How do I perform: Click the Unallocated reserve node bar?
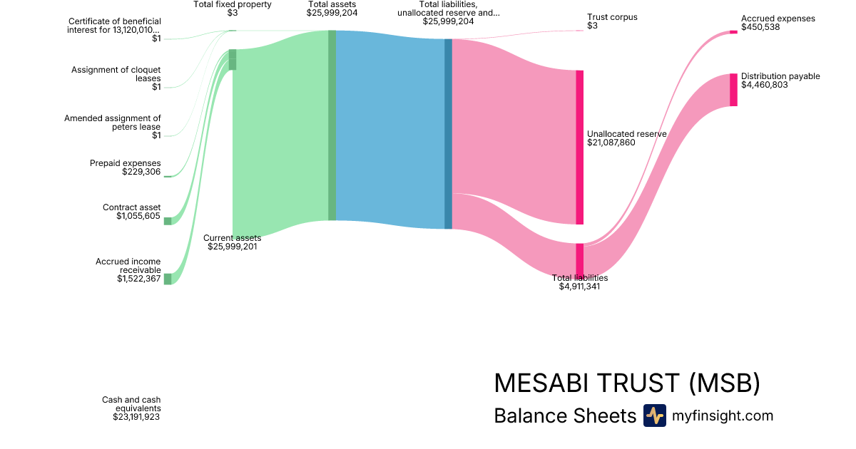[x=579, y=147]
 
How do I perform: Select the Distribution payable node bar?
[x=733, y=90]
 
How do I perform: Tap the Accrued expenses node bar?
[x=733, y=31]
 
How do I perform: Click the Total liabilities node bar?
[x=579, y=259]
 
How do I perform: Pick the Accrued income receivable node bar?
[x=168, y=279]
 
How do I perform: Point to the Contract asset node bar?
[x=168, y=221]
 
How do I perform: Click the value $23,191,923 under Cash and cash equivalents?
[x=136, y=417]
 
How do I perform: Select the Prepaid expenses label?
[x=126, y=163]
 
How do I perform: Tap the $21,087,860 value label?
[x=611, y=143]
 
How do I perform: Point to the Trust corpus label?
[x=612, y=17]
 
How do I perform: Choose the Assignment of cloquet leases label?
[x=116, y=74]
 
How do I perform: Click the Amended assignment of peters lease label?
[x=113, y=123]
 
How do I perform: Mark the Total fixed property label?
[x=233, y=4]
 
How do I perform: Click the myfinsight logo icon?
[x=654, y=416]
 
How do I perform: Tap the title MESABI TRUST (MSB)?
[x=626, y=383]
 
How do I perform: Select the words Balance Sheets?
[x=564, y=416]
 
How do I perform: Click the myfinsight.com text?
[x=723, y=416]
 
